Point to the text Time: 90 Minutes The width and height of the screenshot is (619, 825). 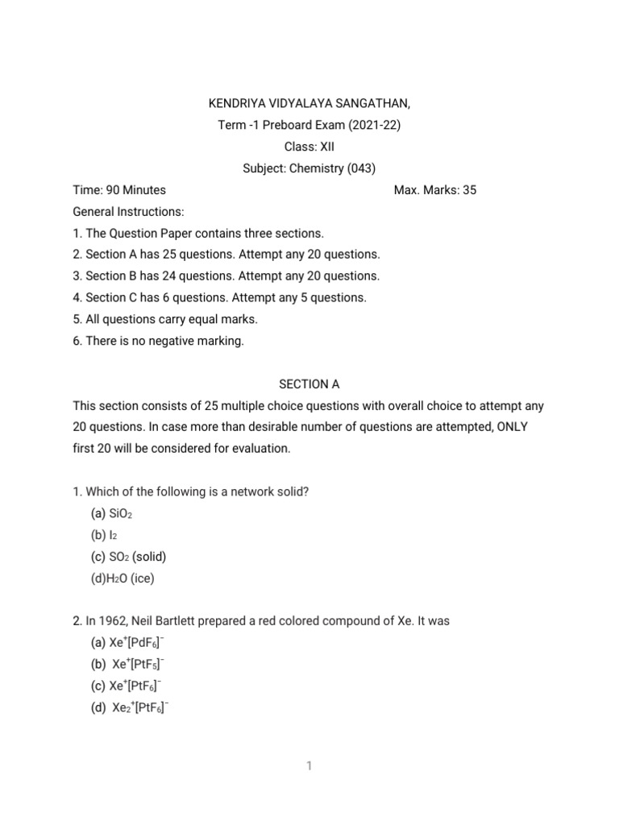coord(119,190)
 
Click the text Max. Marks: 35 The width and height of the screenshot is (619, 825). coord(435,190)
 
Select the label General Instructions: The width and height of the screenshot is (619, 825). coord(129,212)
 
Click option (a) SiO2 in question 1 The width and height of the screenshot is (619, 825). coord(112,513)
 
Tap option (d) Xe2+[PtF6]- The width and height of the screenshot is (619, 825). coord(133,708)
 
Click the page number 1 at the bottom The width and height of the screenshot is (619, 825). coord(309,766)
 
